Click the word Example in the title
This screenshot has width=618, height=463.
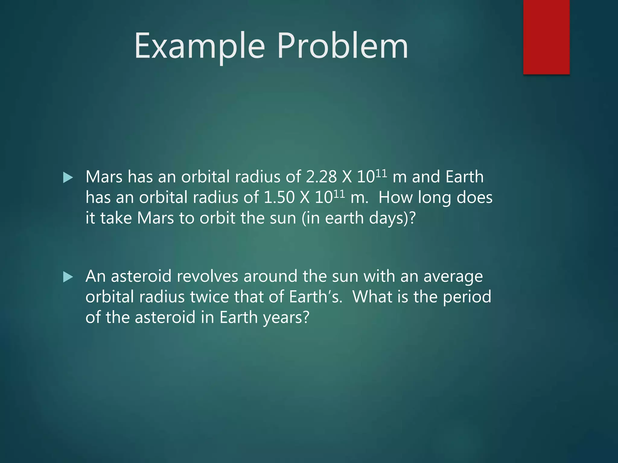click(x=199, y=46)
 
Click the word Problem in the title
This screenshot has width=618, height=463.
click(x=342, y=46)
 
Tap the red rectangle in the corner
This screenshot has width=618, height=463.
click(x=546, y=37)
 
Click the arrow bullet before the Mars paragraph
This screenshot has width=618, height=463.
click(x=68, y=178)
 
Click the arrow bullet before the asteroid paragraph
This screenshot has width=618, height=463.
click(x=68, y=277)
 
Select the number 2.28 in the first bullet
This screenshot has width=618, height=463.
click(x=321, y=177)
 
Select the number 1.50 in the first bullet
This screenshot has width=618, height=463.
click(x=279, y=198)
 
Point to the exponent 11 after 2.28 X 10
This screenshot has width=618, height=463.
click(x=381, y=173)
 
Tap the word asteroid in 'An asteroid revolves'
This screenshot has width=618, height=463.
click(x=141, y=276)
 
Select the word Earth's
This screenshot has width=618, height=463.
click(x=315, y=297)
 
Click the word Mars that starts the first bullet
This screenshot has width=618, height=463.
click(x=104, y=177)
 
